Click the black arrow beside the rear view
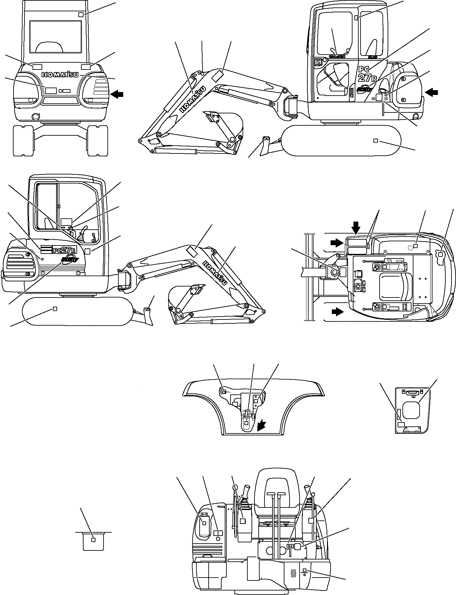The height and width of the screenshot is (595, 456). (117, 94)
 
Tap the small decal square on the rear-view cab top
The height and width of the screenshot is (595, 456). (81, 15)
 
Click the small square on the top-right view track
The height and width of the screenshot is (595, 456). (375, 141)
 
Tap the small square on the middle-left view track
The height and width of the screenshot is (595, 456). (55, 309)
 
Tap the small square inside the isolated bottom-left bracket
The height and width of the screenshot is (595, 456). (94, 540)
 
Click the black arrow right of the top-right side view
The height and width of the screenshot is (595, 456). (432, 93)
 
